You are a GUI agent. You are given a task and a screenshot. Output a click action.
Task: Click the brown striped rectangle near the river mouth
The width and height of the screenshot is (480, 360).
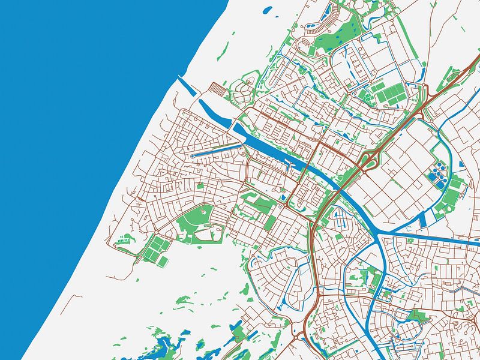[219, 91]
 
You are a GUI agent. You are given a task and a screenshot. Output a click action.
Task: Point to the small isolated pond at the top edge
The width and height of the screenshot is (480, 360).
[267, 10]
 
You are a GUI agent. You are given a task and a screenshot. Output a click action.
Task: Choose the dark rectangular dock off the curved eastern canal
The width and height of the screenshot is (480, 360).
[423, 219]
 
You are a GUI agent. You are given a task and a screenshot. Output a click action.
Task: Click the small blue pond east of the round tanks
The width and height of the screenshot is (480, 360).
[461, 163]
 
